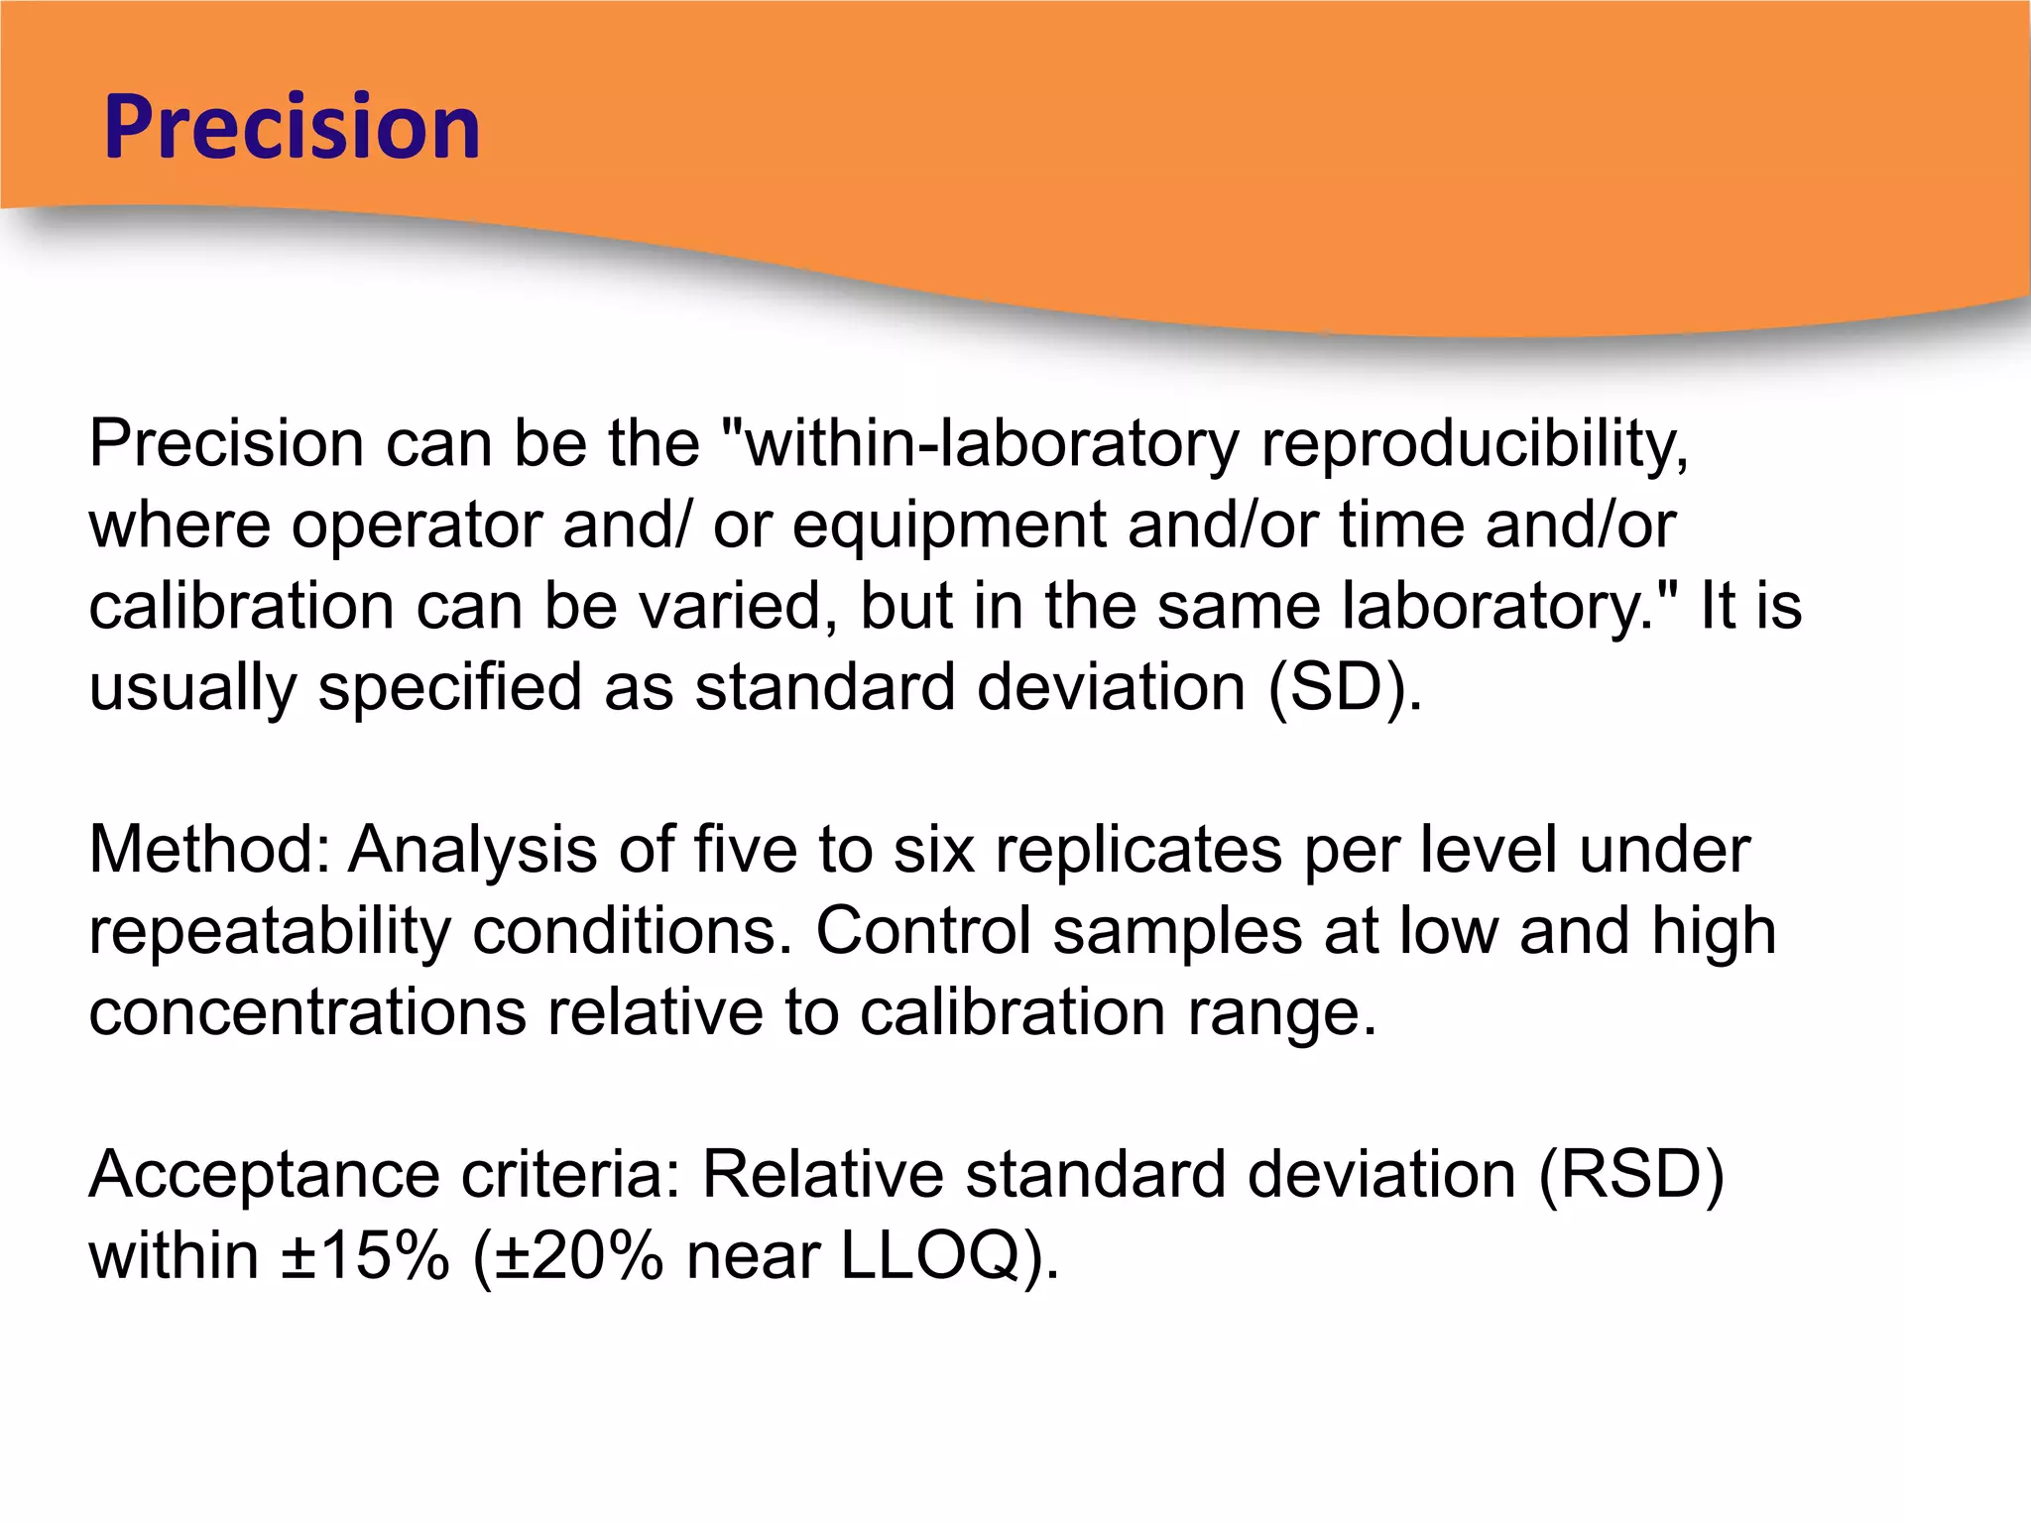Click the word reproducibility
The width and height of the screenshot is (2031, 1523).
tap(1474, 443)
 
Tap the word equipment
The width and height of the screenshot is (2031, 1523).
tap(948, 526)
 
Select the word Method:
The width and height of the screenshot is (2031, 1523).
tap(209, 850)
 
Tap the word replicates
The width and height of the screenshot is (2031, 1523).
tap(1138, 850)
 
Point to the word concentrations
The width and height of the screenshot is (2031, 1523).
tap(307, 1012)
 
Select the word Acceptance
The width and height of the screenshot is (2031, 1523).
tap(264, 1175)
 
